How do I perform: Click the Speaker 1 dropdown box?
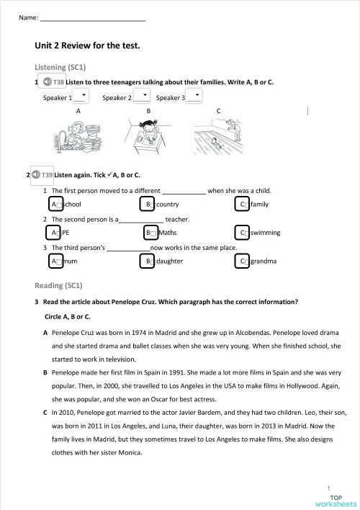[81, 97]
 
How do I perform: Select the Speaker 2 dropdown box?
[141, 97]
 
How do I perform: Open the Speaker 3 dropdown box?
[194, 97]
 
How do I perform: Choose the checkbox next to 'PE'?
[55, 233]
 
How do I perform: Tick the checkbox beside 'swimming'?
[243, 233]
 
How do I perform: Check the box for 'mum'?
[55, 261]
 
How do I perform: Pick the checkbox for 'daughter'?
[148, 261]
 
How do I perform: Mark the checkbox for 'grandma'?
[243, 261]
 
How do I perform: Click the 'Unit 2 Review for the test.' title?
[87, 45]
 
